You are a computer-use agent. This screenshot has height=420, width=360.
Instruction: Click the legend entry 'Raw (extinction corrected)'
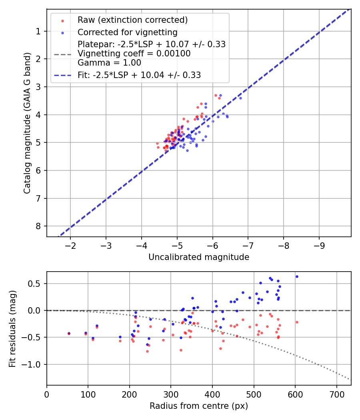(132, 20)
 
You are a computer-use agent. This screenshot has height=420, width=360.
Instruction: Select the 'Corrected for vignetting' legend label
(127, 32)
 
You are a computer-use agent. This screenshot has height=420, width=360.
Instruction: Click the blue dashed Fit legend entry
(139, 75)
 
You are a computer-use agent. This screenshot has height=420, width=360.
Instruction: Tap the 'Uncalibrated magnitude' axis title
(199, 257)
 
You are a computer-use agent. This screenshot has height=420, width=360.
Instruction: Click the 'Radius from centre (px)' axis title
(199, 406)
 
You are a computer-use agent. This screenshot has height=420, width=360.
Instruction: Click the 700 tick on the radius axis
(336, 394)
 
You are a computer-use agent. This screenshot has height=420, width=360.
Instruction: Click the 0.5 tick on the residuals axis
(36, 284)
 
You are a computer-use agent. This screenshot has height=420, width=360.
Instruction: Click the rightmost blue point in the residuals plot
(297, 276)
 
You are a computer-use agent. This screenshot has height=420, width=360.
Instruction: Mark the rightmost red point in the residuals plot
(297, 322)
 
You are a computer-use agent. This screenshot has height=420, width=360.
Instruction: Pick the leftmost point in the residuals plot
(69, 333)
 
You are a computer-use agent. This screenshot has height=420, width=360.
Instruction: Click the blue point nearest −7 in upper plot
(240, 98)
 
